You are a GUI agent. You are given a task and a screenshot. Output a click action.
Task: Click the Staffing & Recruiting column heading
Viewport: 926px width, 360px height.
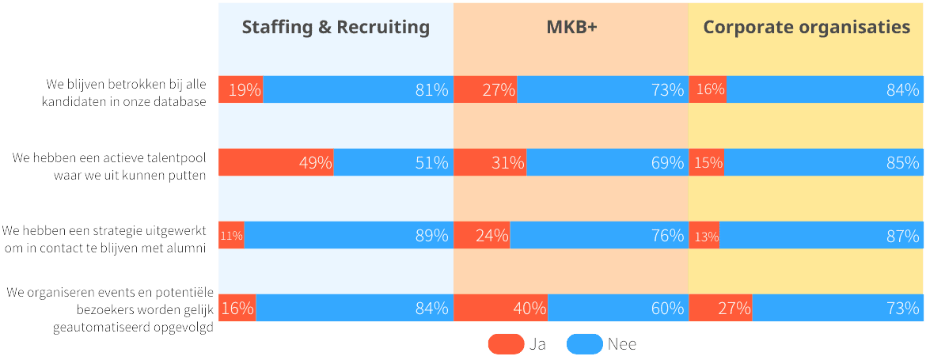(x=336, y=28)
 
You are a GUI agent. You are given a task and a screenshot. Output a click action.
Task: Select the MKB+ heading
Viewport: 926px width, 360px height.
(x=571, y=28)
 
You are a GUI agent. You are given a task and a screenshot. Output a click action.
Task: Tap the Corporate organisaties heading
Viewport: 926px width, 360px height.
(x=806, y=28)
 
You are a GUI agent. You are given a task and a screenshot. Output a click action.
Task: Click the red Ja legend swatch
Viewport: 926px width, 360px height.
(x=506, y=344)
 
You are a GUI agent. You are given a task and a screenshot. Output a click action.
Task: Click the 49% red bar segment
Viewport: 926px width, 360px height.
(x=275, y=162)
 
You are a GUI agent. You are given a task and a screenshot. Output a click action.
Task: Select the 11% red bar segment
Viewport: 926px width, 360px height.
(x=231, y=235)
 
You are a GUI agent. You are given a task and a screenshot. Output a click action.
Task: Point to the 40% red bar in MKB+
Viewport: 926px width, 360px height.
(x=500, y=308)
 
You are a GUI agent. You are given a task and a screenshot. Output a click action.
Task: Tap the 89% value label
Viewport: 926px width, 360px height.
(x=432, y=235)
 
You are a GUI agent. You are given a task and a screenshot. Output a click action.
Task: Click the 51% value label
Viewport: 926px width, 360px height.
(x=432, y=162)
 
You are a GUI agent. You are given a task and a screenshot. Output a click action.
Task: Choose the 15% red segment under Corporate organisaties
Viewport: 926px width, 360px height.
(x=707, y=162)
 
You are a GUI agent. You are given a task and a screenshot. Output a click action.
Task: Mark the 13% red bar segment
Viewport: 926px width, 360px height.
(x=704, y=235)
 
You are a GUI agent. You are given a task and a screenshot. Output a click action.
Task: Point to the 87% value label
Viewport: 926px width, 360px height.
(x=903, y=235)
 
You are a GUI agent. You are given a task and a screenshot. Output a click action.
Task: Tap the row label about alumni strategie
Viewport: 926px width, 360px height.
(x=104, y=239)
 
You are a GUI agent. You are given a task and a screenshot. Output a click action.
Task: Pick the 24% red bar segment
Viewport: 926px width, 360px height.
(x=482, y=235)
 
